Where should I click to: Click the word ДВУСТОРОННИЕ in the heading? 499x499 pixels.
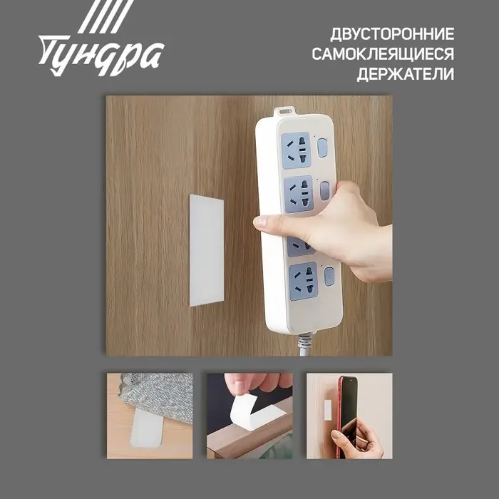(x=392, y=34)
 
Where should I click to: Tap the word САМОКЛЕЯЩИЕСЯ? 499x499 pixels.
(x=384, y=54)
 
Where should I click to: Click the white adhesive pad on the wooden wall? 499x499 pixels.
(x=206, y=249)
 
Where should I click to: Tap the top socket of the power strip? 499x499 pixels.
(x=297, y=150)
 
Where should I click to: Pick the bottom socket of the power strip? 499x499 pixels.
(x=303, y=280)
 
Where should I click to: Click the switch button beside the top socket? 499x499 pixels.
(x=322, y=148)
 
